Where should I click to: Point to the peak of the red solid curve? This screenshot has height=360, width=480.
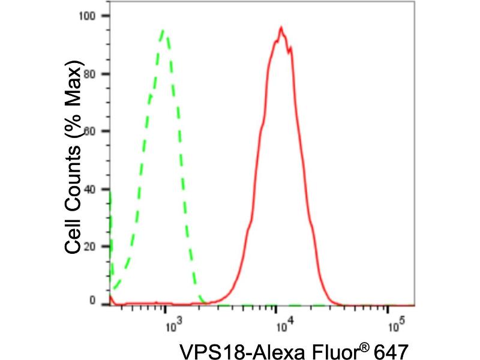(x=280, y=27)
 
